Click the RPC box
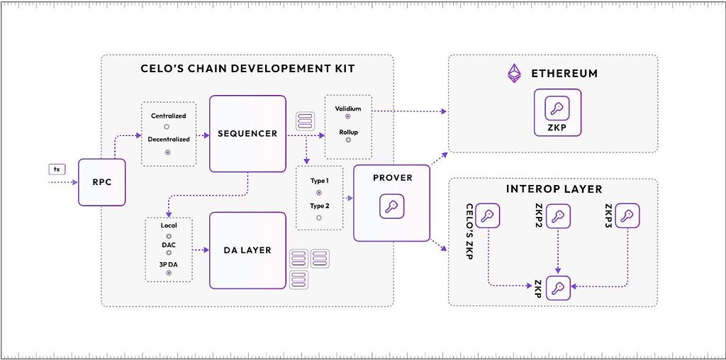coord(102,182)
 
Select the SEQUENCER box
coord(247,134)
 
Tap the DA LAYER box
coord(247,250)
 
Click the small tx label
coord(57,169)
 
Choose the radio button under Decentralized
coord(168,152)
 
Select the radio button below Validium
coord(347,116)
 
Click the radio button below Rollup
coord(347,140)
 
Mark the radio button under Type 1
coord(318,193)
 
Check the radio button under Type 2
coord(318,218)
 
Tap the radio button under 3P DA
coord(169,273)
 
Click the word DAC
coord(169,244)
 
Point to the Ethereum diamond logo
coord(514,74)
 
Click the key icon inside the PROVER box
coord(391,206)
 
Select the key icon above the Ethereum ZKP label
coord(557,108)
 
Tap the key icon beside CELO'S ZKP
coord(488,215)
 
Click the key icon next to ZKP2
coord(558,215)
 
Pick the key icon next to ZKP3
coord(627,215)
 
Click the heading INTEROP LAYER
coord(554,189)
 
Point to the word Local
coord(169,226)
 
